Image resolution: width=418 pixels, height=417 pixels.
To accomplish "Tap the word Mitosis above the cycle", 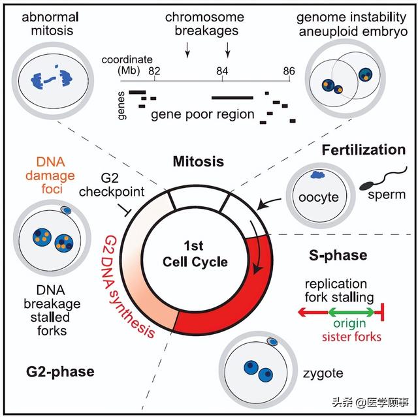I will click(198, 161).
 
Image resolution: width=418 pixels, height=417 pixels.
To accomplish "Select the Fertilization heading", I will click(363, 150).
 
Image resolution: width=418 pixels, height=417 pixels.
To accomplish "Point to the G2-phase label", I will click(61, 372).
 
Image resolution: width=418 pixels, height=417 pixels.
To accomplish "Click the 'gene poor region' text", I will click(202, 115).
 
